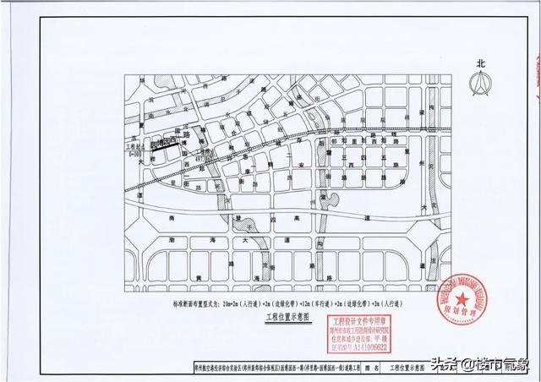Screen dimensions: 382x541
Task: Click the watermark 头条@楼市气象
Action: [481, 363]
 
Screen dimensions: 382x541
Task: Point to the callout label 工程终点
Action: [203, 151]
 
